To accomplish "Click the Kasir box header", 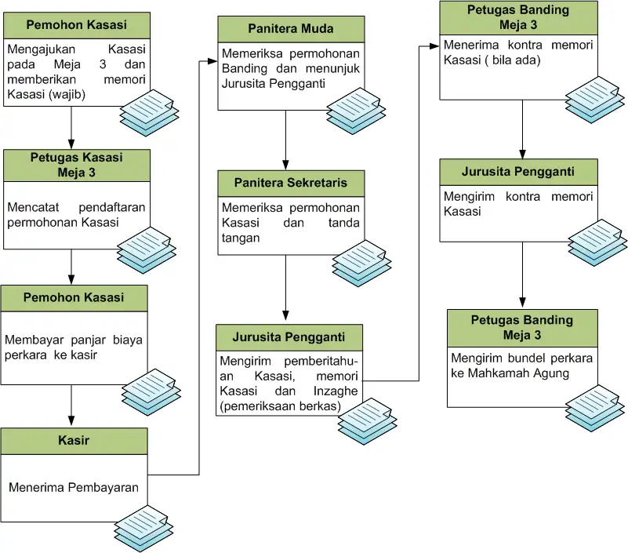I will click(74, 441).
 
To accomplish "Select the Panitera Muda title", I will click(291, 29).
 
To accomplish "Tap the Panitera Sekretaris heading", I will click(291, 184).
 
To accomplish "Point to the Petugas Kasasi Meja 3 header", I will click(77, 165).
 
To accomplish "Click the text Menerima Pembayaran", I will click(74, 487).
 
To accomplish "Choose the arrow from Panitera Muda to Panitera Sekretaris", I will click(285, 140).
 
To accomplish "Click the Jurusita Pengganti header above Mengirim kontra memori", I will click(518, 171).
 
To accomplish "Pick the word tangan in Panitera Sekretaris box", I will click(240, 238).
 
